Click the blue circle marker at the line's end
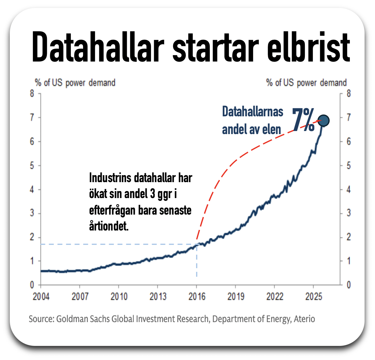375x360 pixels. pyautogui.click(x=323, y=120)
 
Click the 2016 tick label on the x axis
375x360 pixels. pyautogui.click(x=197, y=296)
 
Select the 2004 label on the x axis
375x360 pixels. pyautogui.click(x=41, y=296)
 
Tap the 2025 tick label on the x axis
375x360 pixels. pyautogui.click(x=314, y=296)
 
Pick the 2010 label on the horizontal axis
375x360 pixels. pyautogui.click(x=119, y=296)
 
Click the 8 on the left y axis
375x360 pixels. pyautogui.click(x=32, y=93)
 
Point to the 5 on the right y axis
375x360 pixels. pyautogui.click(x=349, y=165)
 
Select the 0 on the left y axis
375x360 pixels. pyautogui.click(x=32, y=285)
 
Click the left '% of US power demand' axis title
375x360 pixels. pyautogui.click(x=75, y=83)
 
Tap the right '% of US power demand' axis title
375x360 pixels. pyautogui.click(x=306, y=83)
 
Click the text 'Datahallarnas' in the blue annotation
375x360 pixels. pyautogui.click(x=252, y=112)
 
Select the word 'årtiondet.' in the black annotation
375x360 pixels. pyautogui.click(x=109, y=226)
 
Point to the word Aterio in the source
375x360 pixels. pyautogui.click(x=304, y=319)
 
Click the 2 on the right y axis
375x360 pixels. pyautogui.click(x=349, y=237)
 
